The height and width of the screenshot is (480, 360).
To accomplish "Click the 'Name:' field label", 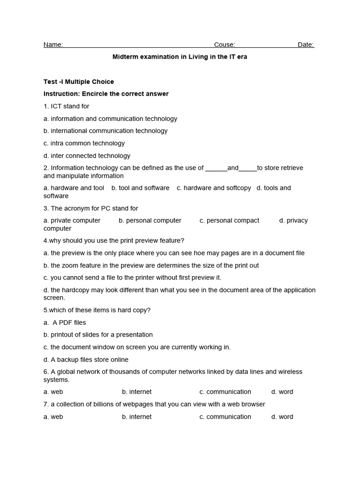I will pyautogui.click(x=53, y=45).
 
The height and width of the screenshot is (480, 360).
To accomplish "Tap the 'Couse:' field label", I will pyautogui.click(x=225, y=45).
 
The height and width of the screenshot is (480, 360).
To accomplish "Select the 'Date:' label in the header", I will pyautogui.click(x=306, y=45).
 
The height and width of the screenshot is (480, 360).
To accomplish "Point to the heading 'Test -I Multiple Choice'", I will pyautogui.click(x=79, y=82).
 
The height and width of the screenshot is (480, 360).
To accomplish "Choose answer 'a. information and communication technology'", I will pyautogui.click(x=110, y=119).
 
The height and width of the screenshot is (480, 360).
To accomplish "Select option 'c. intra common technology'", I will pyautogui.click(x=84, y=143).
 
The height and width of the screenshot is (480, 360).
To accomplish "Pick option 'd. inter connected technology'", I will pyautogui.click(x=87, y=156).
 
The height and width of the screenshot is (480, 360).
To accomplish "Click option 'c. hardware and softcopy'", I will pyautogui.click(x=214, y=188).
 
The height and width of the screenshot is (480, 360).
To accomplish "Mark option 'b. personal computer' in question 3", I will pyautogui.click(x=150, y=220).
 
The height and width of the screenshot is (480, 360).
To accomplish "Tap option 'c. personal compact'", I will pyautogui.click(x=229, y=220).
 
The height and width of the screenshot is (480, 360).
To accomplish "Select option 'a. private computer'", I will pyautogui.click(x=72, y=220).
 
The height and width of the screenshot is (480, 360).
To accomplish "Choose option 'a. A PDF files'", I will pyautogui.click(x=65, y=322).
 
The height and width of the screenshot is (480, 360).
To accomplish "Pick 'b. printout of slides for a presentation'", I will pyautogui.click(x=98, y=335).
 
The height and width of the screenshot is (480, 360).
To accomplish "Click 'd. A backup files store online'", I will pyautogui.click(x=86, y=360).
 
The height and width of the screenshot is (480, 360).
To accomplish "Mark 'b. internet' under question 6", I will pyautogui.click(x=137, y=392).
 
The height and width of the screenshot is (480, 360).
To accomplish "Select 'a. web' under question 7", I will pyautogui.click(x=53, y=417).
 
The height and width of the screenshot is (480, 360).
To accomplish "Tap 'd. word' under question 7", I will pyautogui.click(x=282, y=417).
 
